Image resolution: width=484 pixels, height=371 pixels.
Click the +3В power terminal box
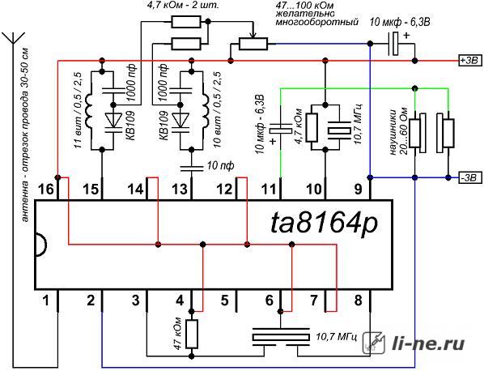[x=470, y=60]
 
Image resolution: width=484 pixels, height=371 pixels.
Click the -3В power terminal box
[x=470, y=177]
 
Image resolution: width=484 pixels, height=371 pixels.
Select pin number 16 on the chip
[x=45, y=189]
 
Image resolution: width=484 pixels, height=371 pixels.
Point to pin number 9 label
[x=358, y=189]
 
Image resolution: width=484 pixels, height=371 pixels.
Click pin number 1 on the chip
[x=46, y=300]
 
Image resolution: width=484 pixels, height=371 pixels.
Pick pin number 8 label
[x=358, y=300]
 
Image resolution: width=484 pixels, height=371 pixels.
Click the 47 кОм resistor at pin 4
[x=192, y=334]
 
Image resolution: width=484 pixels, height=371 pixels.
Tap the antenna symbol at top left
[x=13, y=38]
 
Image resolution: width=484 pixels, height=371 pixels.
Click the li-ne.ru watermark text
[x=428, y=343]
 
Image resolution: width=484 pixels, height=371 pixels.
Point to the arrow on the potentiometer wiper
[x=253, y=34]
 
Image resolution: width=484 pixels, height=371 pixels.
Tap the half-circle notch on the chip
[x=41, y=245]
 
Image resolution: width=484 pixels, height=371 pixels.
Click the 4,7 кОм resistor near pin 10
[x=312, y=127]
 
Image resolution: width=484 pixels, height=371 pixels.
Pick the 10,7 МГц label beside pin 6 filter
[x=337, y=337]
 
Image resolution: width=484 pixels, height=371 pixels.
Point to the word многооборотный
[x=317, y=22]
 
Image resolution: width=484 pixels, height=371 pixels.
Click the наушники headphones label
[x=398, y=131]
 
